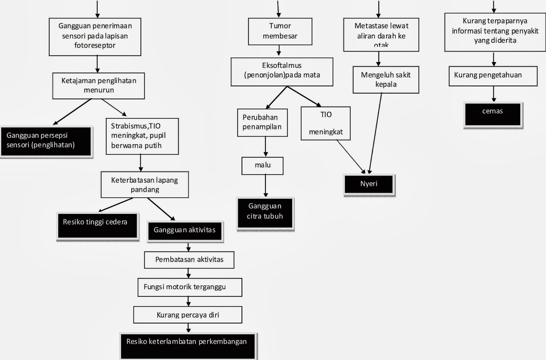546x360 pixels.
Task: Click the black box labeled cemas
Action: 492,114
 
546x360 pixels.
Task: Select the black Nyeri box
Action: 369,184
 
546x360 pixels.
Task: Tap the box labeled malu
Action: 262,165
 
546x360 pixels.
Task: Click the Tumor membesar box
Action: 280,31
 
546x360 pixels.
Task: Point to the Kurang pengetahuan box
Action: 493,75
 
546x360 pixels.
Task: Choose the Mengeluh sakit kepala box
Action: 386,80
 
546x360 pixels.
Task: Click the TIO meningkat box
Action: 326,123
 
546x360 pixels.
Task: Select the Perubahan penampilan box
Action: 262,122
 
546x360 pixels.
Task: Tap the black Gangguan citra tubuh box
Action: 265,212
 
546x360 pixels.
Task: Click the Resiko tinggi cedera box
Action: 97,225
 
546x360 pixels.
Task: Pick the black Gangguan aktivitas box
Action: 185,231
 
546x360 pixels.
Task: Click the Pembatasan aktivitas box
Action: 189,260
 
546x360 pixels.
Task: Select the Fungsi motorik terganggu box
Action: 190,287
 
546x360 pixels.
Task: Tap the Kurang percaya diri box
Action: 188,315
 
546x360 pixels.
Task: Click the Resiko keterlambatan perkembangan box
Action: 187,345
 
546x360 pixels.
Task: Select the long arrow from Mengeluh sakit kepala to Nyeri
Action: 375,133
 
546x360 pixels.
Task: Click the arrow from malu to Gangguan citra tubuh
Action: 265,186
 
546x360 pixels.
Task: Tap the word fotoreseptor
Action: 95,45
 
